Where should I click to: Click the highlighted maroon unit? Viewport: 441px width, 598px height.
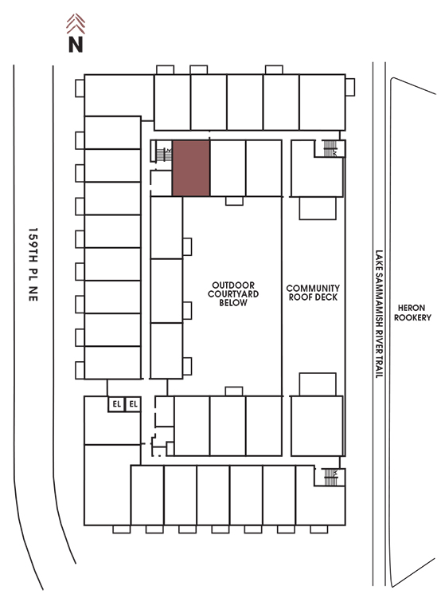click(x=191, y=167)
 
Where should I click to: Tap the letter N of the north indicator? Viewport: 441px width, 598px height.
click(x=76, y=44)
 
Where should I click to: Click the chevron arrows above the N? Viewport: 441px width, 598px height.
click(x=76, y=24)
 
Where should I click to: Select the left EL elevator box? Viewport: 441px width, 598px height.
click(x=116, y=404)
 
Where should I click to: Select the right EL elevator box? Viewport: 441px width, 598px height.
click(x=133, y=404)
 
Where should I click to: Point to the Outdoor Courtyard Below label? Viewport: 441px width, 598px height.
click(x=233, y=294)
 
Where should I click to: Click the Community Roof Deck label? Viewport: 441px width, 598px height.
click(x=313, y=293)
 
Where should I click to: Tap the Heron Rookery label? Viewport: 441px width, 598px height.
click(x=412, y=313)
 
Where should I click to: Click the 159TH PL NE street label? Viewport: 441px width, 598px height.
click(x=33, y=265)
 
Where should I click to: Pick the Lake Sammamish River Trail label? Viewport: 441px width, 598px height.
click(x=379, y=314)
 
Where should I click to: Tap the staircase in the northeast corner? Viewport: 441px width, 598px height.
click(x=330, y=148)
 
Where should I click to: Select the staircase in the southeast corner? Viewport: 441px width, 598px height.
click(x=330, y=477)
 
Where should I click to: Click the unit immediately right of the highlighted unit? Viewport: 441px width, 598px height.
click(x=228, y=167)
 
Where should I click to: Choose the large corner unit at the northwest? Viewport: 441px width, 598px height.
click(x=119, y=96)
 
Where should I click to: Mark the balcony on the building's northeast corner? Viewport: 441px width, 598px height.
click(x=350, y=88)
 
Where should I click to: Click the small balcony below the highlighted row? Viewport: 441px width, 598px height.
click(x=234, y=201)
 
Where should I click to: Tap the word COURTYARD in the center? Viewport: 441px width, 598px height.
click(x=233, y=294)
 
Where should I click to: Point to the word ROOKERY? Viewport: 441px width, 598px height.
click(x=412, y=317)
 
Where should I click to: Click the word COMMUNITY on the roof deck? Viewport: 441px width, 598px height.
click(x=313, y=288)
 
